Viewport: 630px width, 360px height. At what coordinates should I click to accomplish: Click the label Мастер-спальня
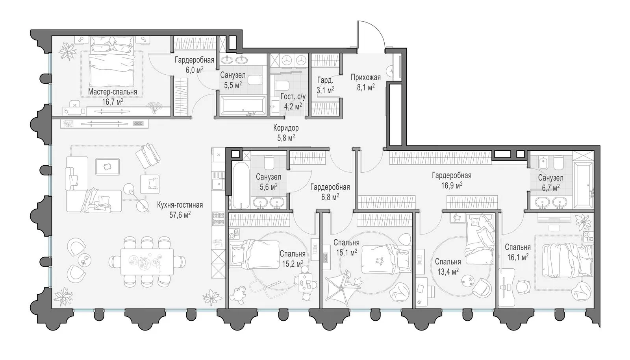click(x=113, y=92)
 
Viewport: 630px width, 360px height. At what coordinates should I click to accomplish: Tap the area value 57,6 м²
click(x=180, y=215)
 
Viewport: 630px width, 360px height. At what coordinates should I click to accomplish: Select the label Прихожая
click(x=366, y=77)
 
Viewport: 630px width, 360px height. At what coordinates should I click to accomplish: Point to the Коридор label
click(x=286, y=128)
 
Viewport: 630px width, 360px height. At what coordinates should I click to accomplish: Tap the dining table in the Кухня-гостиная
click(x=147, y=262)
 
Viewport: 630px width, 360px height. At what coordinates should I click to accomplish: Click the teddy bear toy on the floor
click(x=238, y=295)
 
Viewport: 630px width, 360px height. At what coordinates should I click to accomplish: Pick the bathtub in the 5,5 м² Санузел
click(x=243, y=105)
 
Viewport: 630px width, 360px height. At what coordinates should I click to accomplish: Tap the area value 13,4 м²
click(x=448, y=271)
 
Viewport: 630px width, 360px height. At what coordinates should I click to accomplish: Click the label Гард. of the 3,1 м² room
click(x=325, y=81)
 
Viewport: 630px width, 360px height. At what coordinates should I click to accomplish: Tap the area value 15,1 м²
click(x=346, y=252)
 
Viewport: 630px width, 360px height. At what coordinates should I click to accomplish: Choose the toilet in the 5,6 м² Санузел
click(x=269, y=163)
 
